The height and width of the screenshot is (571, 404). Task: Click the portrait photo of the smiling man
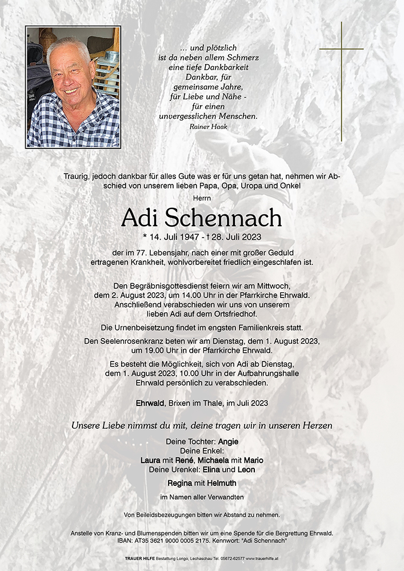pos(73,87)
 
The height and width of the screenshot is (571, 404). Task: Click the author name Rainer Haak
pos(208,127)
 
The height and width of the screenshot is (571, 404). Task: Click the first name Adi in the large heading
pos(141,218)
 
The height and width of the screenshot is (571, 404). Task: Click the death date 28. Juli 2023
pos(238,236)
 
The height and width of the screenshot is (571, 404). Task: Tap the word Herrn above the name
pos(202,197)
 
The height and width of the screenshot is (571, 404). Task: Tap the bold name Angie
pos(227,441)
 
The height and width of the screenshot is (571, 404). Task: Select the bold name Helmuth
pos(222,483)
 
